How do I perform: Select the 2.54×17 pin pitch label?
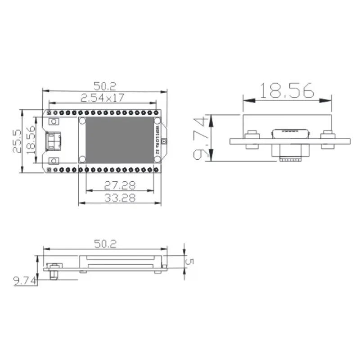(103, 97)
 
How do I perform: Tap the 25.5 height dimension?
(17, 141)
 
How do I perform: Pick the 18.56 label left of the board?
(31, 140)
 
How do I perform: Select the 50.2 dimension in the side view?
(105, 243)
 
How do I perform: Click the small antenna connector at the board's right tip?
(165, 141)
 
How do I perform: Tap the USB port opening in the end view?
(288, 133)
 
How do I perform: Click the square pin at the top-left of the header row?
(48, 111)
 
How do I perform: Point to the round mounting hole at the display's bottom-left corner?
(82, 158)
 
